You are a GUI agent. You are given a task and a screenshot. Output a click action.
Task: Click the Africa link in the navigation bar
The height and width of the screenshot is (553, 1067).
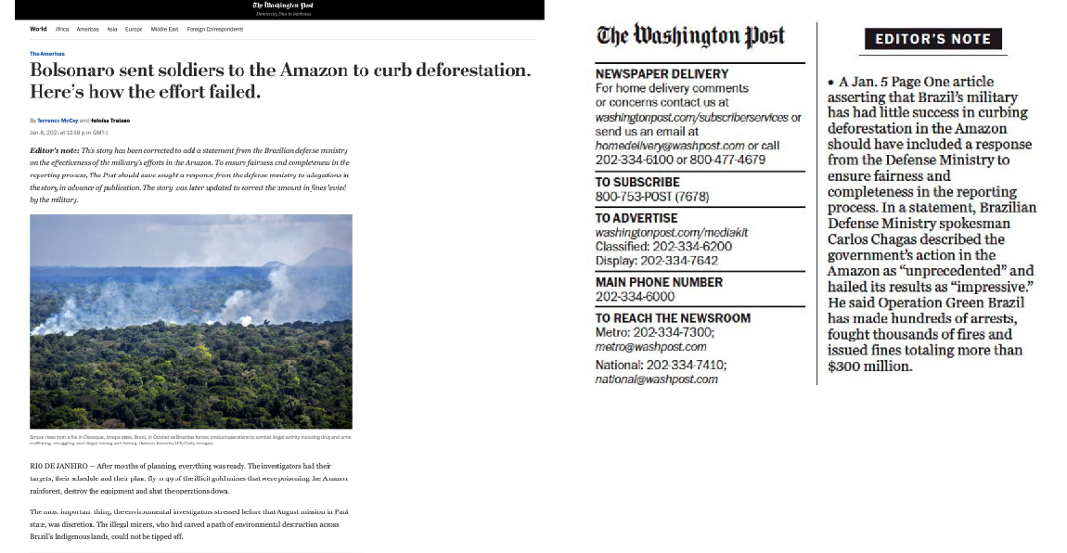(x=62, y=30)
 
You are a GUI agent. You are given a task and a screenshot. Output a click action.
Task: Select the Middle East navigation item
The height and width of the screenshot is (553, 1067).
(x=164, y=30)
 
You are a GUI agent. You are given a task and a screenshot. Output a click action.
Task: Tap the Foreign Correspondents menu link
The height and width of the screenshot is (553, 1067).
(x=215, y=30)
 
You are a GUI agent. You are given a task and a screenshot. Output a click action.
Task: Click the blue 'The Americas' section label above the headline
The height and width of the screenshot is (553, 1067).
(x=47, y=54)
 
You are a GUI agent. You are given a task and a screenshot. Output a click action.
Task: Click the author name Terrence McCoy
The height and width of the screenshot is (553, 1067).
(x=58, y=121)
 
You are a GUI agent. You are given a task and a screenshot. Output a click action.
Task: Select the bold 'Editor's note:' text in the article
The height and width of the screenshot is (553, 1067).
(x=54, y=149)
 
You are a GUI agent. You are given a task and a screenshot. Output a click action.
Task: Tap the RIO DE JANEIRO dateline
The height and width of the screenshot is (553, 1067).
(x=58, y=466)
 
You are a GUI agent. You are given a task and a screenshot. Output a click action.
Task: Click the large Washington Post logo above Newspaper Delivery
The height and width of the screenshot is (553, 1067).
(x=690, y=36)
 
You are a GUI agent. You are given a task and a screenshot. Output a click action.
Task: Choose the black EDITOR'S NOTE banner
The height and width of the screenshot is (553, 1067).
(x=933, y=39)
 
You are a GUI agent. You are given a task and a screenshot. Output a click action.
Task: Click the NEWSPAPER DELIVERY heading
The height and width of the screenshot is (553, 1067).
(x=662, y=73)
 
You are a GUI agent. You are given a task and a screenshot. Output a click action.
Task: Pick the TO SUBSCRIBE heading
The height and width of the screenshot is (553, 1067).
(x=637, y=182)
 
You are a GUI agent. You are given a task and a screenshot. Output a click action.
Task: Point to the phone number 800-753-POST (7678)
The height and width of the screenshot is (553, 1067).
(x=652, y=197)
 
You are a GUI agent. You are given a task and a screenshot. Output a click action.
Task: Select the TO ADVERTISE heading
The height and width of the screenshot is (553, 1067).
(x=636, y=218)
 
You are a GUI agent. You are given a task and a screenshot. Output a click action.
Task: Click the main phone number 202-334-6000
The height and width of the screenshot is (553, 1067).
(x=635, y=297)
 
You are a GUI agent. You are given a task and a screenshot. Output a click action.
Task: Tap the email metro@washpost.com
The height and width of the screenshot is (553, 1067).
(x=650, y=347)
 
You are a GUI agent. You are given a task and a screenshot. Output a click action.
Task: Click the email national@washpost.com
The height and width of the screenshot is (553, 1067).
(x=657, y=379)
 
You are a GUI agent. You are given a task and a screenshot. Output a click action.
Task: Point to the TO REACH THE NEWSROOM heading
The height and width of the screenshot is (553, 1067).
(x=673, y=317)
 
